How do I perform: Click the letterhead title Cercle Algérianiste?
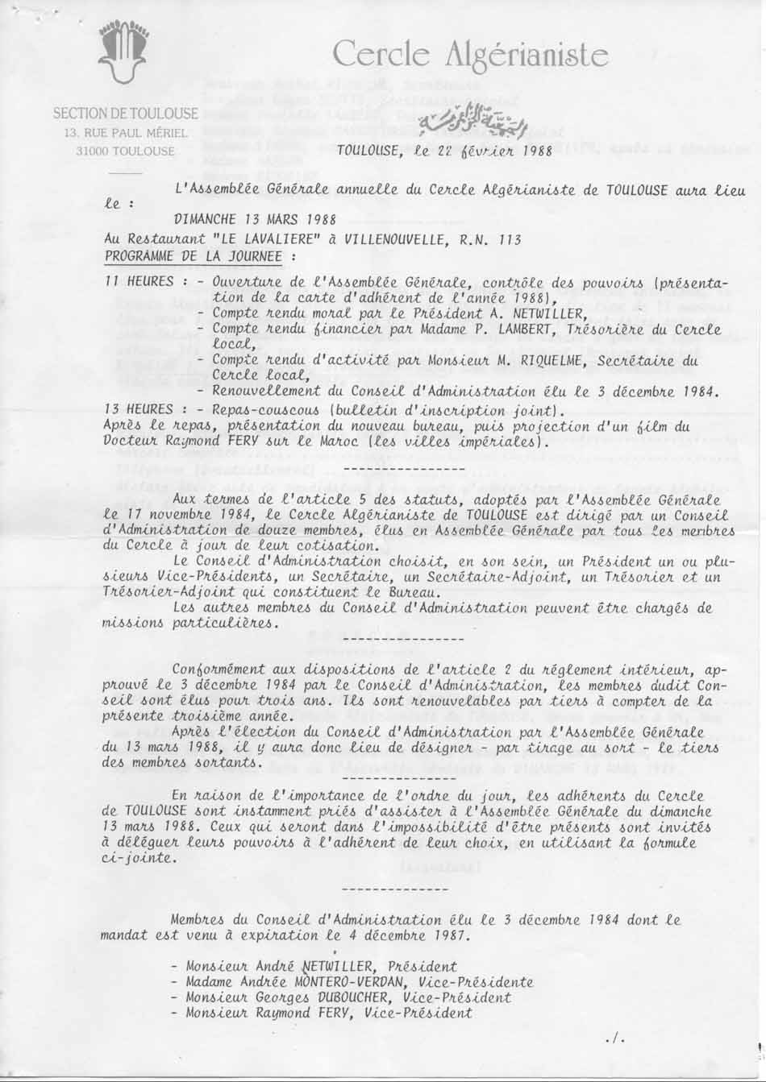[470, 54]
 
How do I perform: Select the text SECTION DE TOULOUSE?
[125, 114]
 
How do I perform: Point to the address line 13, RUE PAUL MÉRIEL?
[126, 132]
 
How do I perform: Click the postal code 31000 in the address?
[93, 151]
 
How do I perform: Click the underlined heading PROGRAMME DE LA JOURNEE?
[194, 257]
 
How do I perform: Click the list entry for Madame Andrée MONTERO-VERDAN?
[359, 983]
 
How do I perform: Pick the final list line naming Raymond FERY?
[329, 1014]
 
